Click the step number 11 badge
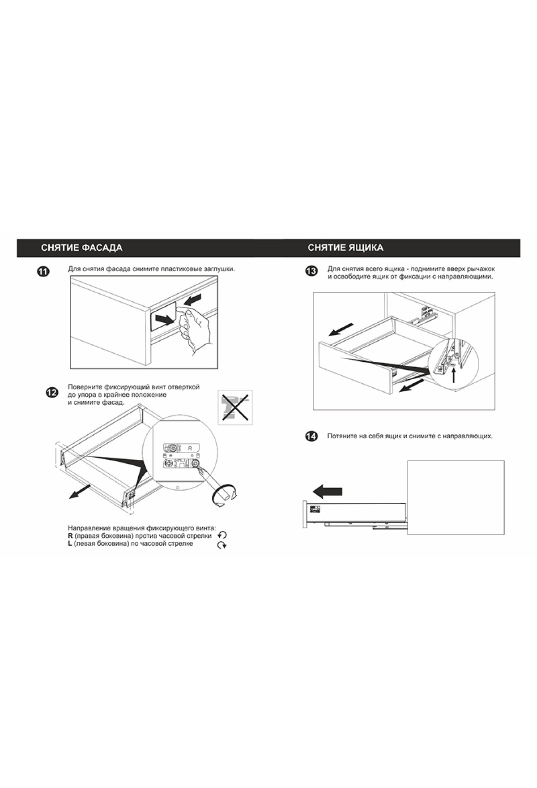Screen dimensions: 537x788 point(43,271)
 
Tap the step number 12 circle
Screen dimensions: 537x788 point(52,393)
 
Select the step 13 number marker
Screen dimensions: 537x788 point(311,271)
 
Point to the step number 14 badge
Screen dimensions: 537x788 point(311,436)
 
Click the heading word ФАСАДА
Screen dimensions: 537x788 point(102,248)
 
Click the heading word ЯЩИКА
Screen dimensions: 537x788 point(365,248)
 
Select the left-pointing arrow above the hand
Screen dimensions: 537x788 point(192,300)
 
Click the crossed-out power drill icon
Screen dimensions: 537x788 point(235,407)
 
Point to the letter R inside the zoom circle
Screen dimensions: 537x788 point(190,448)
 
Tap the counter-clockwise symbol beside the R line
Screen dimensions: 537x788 point(222,535)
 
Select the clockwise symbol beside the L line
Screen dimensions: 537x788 point(222,545)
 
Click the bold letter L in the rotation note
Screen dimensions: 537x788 point(70,544)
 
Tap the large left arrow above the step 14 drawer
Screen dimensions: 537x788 point(327,491)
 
